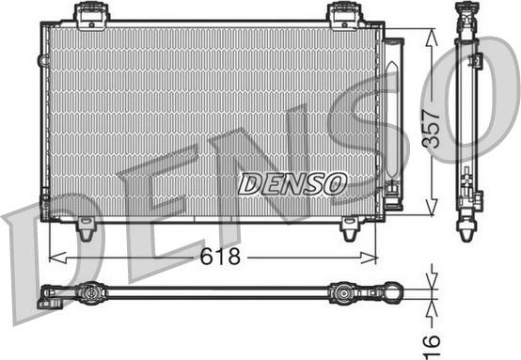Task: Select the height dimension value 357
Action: coord(431,121)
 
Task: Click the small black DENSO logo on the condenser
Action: coord(292,183)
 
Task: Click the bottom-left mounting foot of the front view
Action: coord(86,227)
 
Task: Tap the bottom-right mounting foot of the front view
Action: coord(351,227)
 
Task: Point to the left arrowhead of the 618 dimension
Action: coord(54,256)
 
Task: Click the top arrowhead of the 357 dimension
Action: coord(431,34)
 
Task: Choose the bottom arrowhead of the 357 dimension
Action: coord(431,211)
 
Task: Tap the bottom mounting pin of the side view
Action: coord(468,228)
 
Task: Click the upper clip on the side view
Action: coord(475,61)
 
